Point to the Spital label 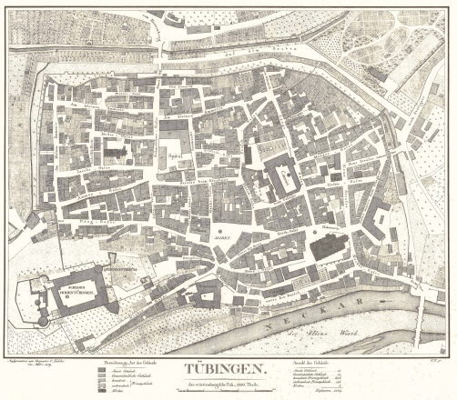(175, 155)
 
